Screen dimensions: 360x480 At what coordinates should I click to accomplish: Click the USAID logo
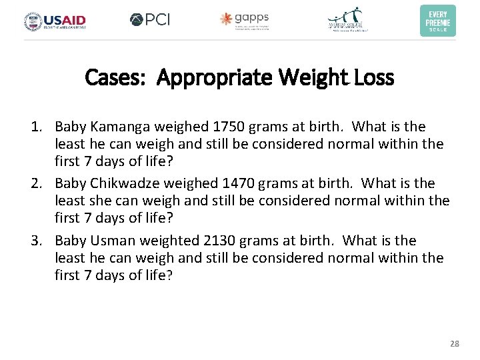55,21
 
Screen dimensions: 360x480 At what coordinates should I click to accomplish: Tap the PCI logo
150,20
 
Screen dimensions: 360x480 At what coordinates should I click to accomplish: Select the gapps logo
245,21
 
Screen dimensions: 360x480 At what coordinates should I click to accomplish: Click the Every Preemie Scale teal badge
438,21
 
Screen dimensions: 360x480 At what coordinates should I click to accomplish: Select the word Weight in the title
311,78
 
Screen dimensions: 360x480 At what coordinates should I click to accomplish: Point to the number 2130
223,241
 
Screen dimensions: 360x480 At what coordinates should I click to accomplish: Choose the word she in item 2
99,201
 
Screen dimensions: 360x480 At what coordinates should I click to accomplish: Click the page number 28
455,344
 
